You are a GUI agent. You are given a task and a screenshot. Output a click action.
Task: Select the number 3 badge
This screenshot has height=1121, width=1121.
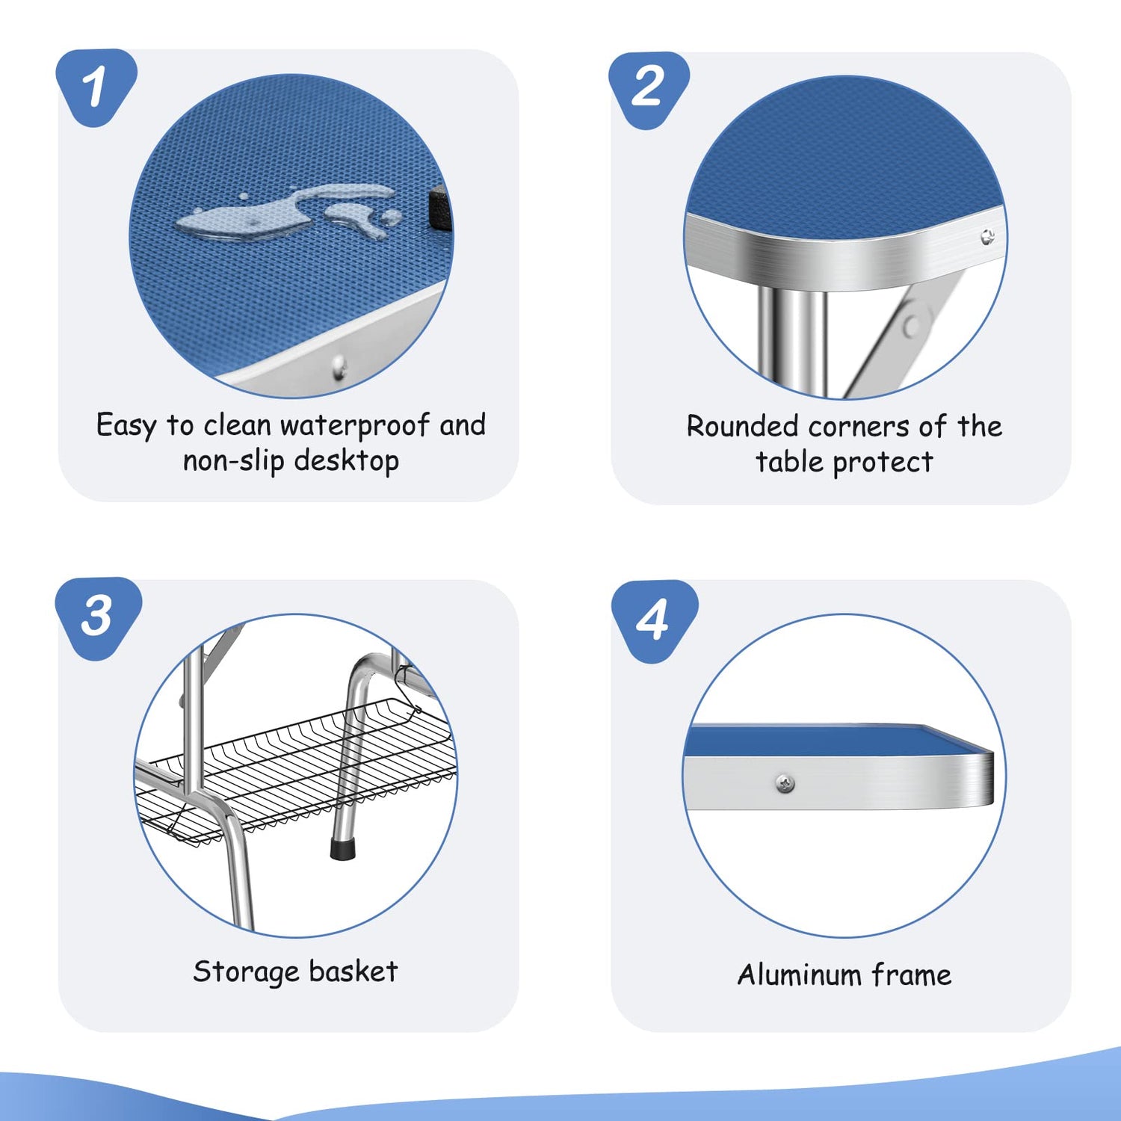tap(98, 617)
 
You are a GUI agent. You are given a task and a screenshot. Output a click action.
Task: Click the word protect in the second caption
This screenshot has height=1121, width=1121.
tap(882, 463)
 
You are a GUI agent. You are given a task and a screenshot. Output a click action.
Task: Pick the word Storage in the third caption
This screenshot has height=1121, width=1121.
tap(246, 972)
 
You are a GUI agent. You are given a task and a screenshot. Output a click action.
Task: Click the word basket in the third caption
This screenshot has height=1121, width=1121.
tap(353, 971)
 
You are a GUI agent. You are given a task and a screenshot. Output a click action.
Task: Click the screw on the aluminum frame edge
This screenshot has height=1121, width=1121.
tap(785, 784)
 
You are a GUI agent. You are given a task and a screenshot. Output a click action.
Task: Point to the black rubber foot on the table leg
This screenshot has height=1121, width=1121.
tap(342, 848)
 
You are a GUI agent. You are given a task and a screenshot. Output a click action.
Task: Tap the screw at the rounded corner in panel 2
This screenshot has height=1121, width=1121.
tap(988, 238)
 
